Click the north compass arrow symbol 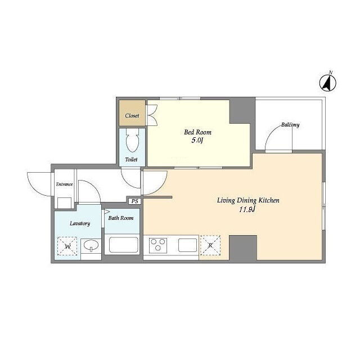tap(328, 83)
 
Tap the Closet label tap(132, 115)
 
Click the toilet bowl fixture tap(133, 140)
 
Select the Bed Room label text tap(197, 132)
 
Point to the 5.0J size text tap(197, 140)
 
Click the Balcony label tap(290, 125)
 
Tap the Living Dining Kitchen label tap(248, 200)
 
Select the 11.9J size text tap(247, 209)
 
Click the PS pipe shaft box tap(135, 201)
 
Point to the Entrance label tap(64, 184)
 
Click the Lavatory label tap(80, 223)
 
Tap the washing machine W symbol tap(67, 246)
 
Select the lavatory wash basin tap(91, 246)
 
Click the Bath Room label tap(121, 218)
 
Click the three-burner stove tap(158, 245)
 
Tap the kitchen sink tap(187, 245)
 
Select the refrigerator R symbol tap(210, 245)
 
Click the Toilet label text tap(131, 159)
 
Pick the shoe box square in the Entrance tap(64, 202)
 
